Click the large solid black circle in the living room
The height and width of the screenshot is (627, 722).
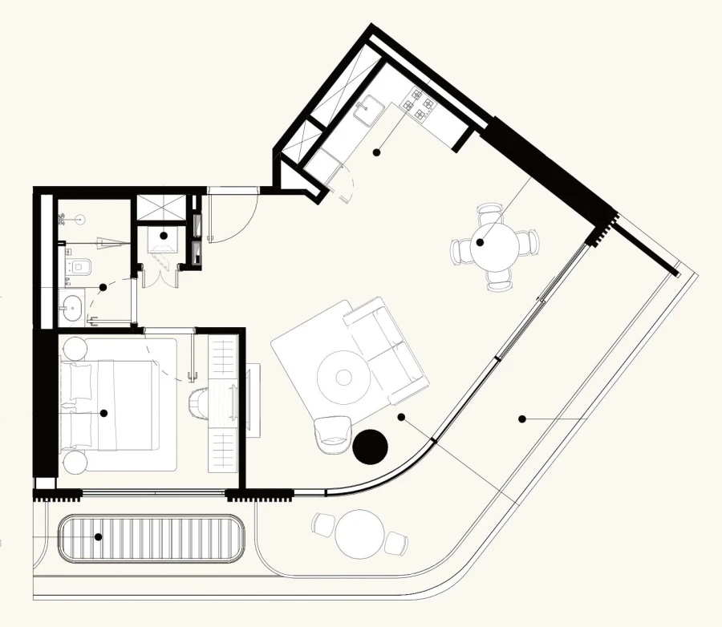point(370,447)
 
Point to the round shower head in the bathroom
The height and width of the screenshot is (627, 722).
point(80,217)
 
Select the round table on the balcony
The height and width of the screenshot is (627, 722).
point(357,533)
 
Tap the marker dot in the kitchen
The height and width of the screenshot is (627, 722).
point(376,151)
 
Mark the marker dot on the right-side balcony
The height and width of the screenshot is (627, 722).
point(521,418)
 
